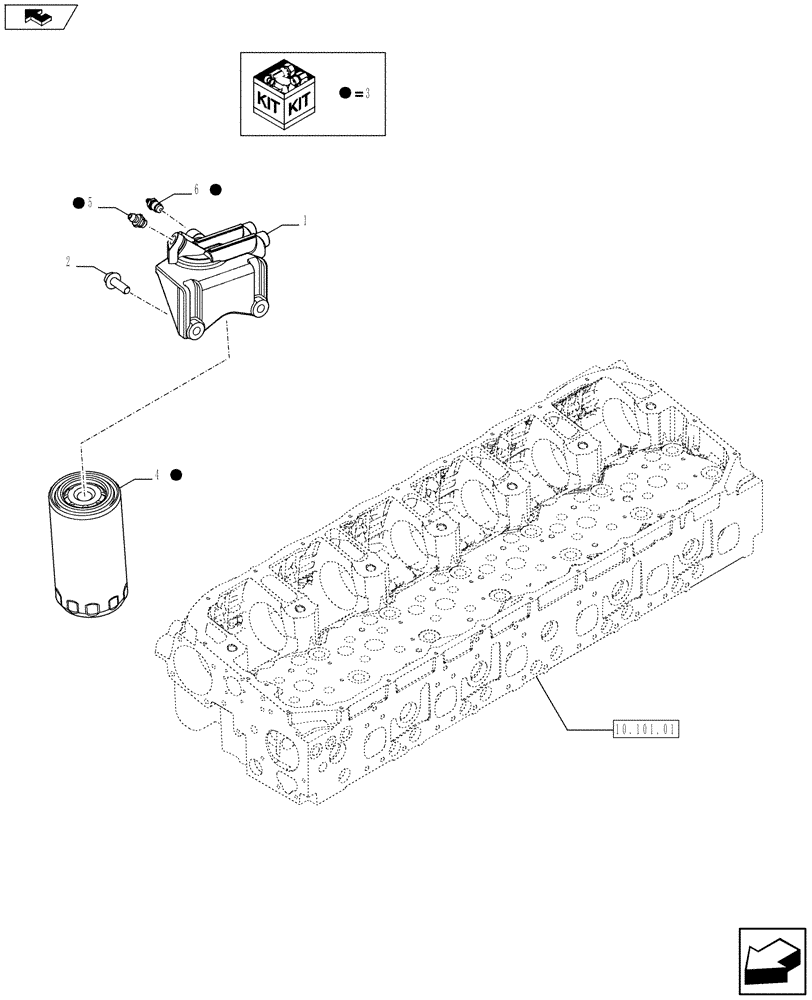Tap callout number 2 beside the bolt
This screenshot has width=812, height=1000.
tap(67, 262)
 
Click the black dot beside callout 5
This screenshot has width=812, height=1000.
tap(77, 203)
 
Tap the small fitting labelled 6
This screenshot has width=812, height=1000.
tap(155, 205)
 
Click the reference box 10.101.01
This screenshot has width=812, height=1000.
tap(643, 729)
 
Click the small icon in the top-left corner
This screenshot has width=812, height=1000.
tap(40, 15)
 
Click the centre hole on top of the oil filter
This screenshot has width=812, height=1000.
tap(81, 491)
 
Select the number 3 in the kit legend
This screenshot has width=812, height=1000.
tap(368, 94)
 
